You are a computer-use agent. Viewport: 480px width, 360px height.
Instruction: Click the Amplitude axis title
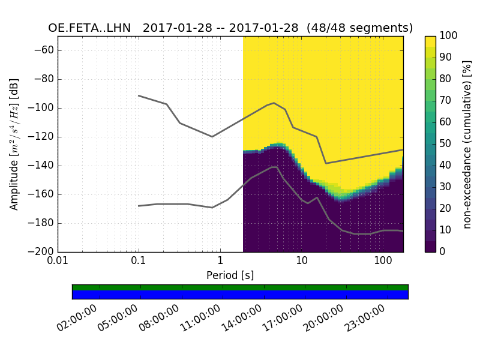[14, 144]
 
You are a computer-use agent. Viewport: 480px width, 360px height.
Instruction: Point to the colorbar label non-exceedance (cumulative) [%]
[467, 144]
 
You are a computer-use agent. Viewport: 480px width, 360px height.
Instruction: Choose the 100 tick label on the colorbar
[448, 36]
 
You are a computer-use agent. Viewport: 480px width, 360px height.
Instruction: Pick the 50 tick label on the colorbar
[446, 144]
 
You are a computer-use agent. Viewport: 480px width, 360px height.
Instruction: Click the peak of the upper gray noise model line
[274, 103]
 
